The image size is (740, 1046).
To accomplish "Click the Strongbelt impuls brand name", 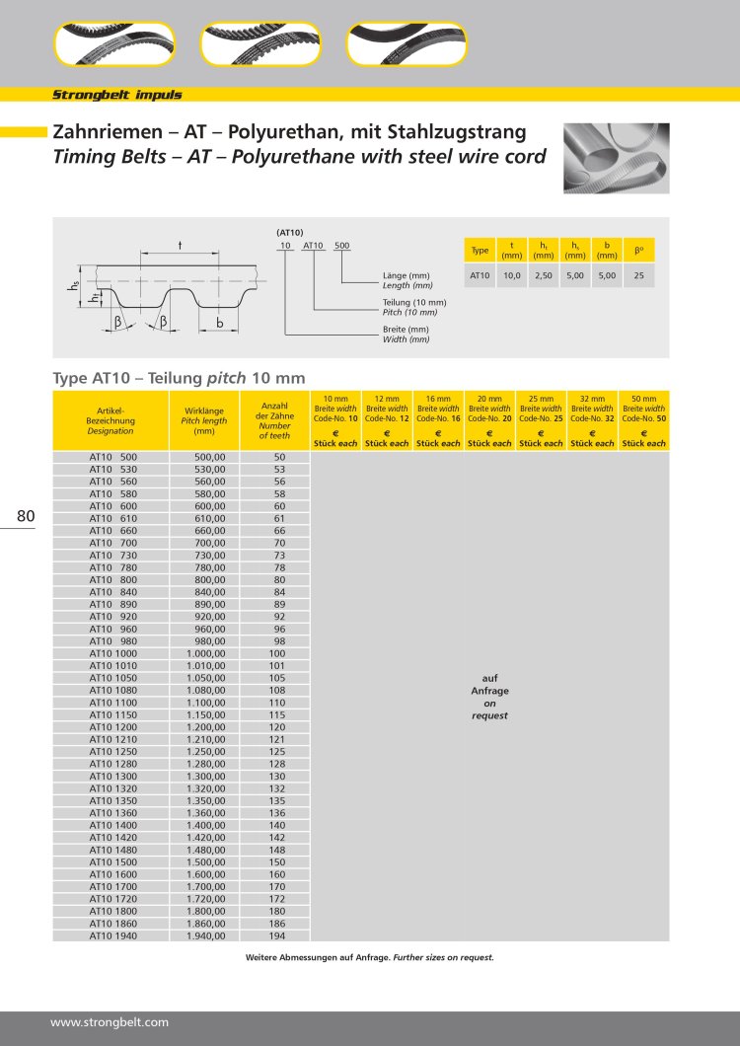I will (x=116, y=95).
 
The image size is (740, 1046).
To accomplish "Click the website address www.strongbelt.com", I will (x=110, y=1022).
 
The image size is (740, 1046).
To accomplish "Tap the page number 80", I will (x=26, y=515).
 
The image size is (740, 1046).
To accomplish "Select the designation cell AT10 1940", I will (x=113, y=935).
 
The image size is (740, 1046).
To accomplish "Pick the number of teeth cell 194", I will (x=279, y=935).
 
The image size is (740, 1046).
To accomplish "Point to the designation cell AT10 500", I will (x=113, y=457).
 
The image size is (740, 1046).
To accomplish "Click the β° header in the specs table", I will (x=639, y=250).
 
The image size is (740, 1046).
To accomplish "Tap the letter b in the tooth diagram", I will (x=219, y=323).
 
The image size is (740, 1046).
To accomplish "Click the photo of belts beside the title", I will (x=617, y=158).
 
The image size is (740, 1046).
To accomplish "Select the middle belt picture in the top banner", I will (x=260, y=43).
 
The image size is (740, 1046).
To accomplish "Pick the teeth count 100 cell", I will (x=279, y=652).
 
